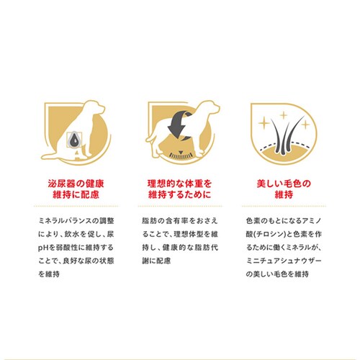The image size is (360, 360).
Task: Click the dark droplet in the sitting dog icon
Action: (74, 140)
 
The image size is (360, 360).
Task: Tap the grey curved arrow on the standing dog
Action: (179, 125)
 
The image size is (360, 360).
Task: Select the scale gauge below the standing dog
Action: (181, 155)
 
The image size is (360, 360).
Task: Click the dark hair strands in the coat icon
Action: (285, 135)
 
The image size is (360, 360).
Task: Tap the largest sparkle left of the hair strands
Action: (264, 124)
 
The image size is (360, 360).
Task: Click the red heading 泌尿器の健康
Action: (76, 184)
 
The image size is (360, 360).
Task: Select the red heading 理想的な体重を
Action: (179, 184)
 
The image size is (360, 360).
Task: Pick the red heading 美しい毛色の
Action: (284, 184)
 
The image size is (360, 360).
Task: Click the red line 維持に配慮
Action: (76, 194)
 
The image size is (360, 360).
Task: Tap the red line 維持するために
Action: (179, 194)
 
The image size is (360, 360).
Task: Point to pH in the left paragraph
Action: (43, 248)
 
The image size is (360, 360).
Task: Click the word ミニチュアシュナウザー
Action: (284, 261)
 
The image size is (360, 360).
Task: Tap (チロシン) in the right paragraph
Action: (270, 234)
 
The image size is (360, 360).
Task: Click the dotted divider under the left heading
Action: (76, 206)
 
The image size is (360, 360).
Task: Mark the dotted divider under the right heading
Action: (284, 206)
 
